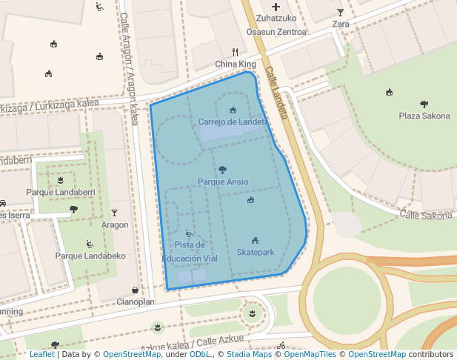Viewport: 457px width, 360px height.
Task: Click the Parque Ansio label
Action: pyautogui.click(x=223, y=181)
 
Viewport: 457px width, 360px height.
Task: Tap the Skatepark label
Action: pyautogui.click(x=256, y=253)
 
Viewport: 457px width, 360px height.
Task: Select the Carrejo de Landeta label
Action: pyautogui.click(x=232, y=121)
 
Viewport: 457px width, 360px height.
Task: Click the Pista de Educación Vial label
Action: pyautogui.click(x=190, y=252)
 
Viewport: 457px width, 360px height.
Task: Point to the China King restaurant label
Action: pyautogui.click(x=235, y=64)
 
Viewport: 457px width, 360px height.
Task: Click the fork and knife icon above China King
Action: pyautogui.click(x=235, y=52)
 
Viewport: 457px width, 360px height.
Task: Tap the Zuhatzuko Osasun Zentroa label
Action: pyautogui.click(x=276, y=25)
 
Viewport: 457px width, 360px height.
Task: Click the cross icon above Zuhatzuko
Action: pyautogui.click(x=276, y=6)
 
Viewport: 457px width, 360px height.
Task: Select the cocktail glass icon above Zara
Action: pyautogui.click(x=341, y=12)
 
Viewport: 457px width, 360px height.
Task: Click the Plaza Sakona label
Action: pyautogui.click(x=424, y=116)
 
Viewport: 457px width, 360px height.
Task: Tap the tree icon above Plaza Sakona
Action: pyautogui.click(x=424, y=104)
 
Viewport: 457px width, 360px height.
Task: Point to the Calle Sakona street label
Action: pyautogui.click(x=426, y=216)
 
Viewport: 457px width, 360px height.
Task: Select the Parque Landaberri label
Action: pyautogui.click(x=60, y=192)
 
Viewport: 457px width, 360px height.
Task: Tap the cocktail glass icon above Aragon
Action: pyautogui.click(x=115, y=213)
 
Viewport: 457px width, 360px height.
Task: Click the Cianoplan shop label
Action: pyautogui.click(x=136, y=302)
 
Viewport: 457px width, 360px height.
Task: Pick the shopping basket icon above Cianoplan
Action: pyautogui.click(x=135, y=290)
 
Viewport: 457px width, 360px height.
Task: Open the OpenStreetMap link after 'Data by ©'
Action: pyautogui.click(x=131, y=355)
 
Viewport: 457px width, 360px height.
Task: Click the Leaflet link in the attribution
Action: pyautogui.click(x=41, y=355)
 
